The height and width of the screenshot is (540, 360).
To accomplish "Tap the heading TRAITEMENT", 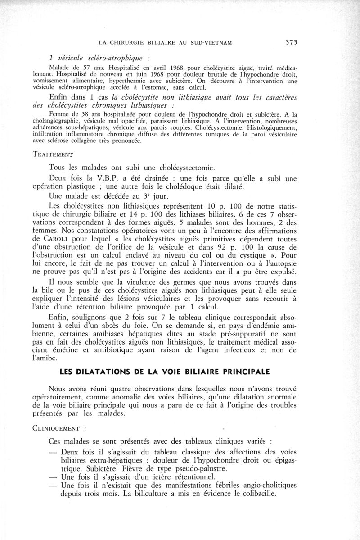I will point(53,154).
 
